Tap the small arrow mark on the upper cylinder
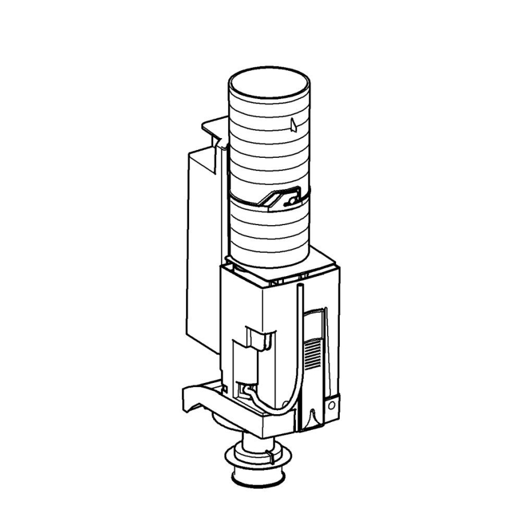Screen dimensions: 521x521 [292, 124]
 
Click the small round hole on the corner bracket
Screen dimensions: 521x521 [331, 405]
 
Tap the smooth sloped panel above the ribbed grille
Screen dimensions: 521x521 [315, 321]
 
